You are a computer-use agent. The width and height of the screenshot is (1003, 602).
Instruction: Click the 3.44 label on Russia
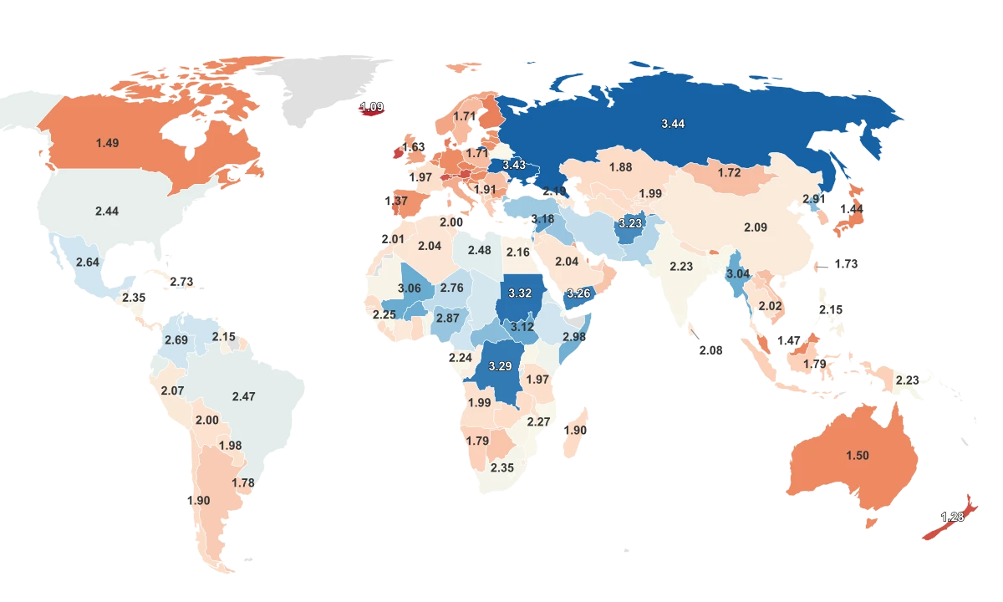click(673, 124)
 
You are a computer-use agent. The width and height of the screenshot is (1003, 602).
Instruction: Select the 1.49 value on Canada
click(107, 143)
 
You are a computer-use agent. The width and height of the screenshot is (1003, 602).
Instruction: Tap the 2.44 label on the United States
click(107, 212)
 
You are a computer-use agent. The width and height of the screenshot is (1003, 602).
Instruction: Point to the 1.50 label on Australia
click(858, 456)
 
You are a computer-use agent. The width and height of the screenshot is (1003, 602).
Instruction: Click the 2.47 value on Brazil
click(244, 396)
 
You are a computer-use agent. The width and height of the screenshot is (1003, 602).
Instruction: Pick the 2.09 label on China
click(756, 227)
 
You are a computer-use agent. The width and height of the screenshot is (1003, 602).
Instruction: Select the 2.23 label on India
click(682, 267)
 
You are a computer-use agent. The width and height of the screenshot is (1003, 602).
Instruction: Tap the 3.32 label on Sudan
click(520, 293)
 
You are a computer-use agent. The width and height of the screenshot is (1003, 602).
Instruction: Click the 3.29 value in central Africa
click(501, 367)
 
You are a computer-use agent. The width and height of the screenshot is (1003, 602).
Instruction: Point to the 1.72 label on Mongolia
click(730, 173)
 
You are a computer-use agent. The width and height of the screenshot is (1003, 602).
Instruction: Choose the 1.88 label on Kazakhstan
click(620, 167)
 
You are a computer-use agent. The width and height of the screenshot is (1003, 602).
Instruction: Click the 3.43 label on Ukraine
click(514, 166)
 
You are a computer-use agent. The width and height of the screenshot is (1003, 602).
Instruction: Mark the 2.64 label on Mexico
click(88, 263)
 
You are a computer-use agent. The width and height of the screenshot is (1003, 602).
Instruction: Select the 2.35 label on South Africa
click(502, 468)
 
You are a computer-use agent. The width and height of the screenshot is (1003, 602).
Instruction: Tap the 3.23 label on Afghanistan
click(629, 224)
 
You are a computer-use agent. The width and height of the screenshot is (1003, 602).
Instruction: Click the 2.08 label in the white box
click(710, 350)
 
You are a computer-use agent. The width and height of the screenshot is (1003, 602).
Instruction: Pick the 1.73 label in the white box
click(847, 264)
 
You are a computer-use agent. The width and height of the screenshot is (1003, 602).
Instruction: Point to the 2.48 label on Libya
click(480, 251)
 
